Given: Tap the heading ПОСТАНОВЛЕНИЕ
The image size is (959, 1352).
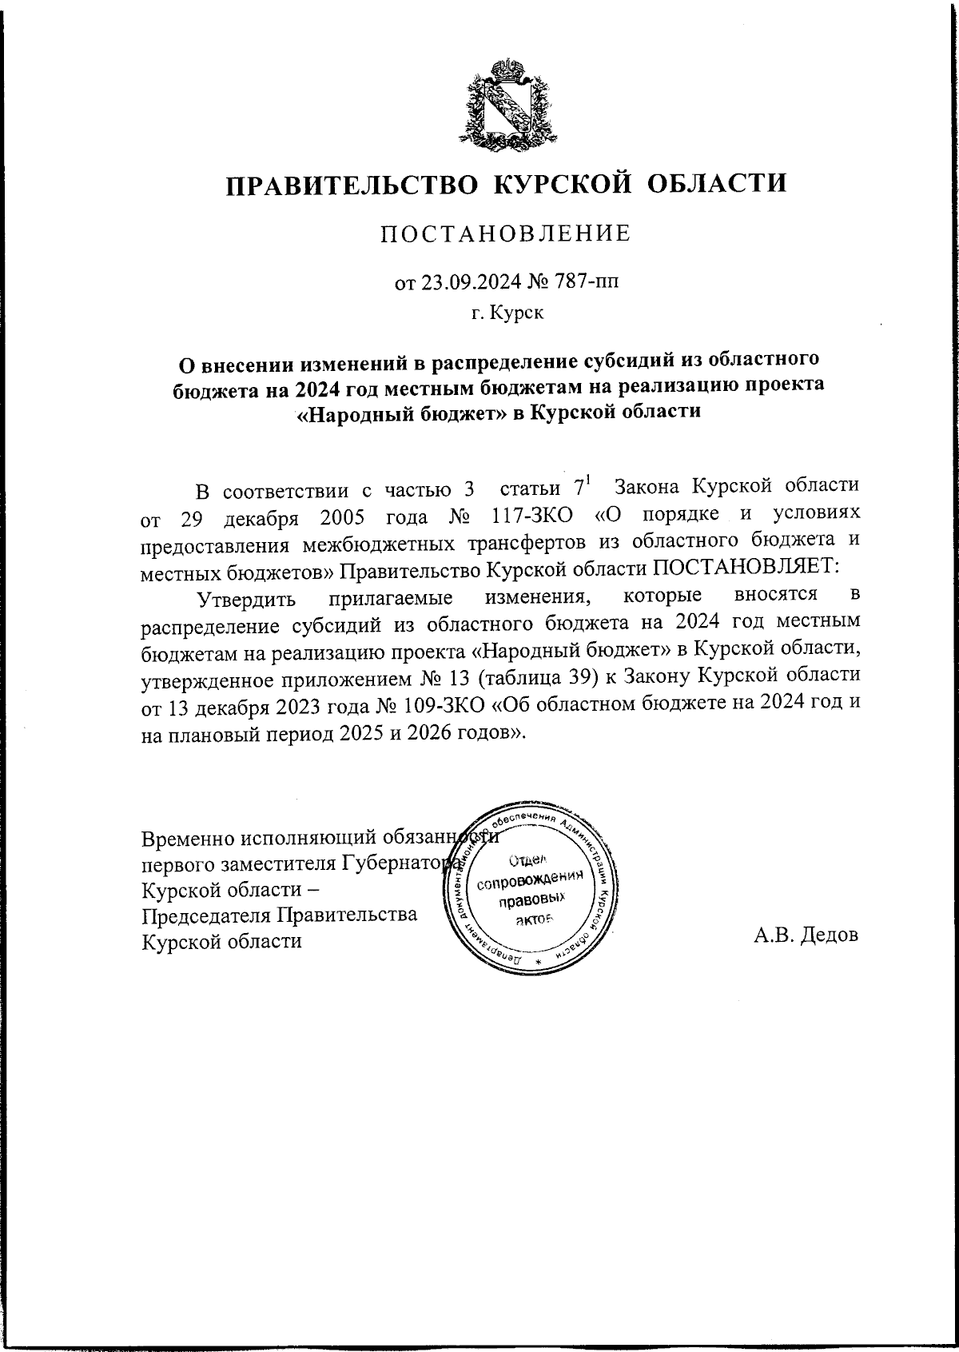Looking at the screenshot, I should click(x=504, y=233).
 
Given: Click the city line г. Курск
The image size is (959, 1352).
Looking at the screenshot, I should click(x=507, y=313).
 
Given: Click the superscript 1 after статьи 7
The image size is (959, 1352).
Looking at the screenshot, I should click(x=588, y=479).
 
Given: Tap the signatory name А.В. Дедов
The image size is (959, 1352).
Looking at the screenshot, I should click(x=806, y=934).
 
